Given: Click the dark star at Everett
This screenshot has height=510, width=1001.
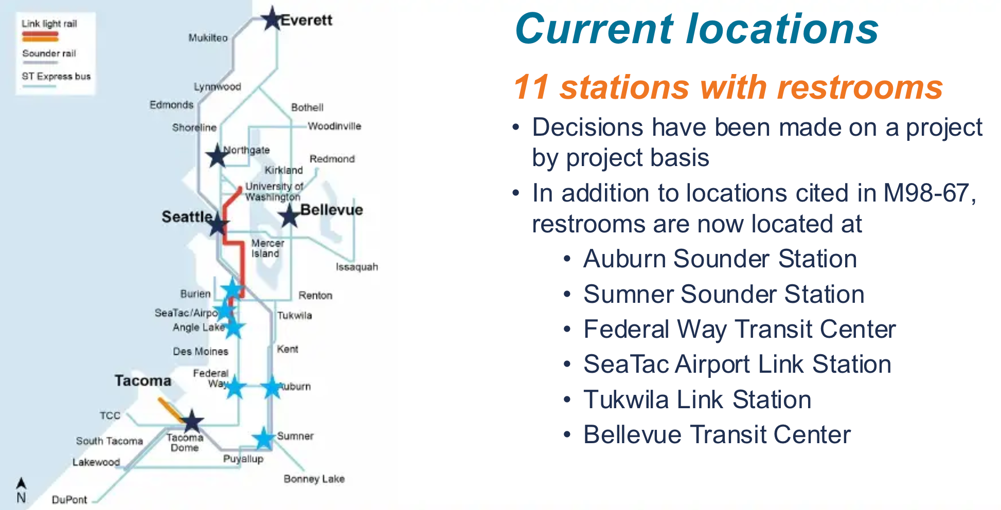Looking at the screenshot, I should [x=272, y=19].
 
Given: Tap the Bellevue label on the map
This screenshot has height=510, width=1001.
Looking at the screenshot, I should [x=331, y=210].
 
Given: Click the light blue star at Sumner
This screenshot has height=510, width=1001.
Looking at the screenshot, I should [x=263, y=439].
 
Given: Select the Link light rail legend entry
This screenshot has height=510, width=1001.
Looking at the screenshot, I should [x=49, y=24].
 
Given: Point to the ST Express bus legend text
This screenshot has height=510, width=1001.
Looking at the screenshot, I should [x=56, y=77].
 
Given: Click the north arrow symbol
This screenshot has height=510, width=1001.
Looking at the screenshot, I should [x=21, y=484].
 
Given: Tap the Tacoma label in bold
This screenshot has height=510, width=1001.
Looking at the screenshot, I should [x=143, y=380].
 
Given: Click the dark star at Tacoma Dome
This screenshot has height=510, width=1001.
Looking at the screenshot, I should [x=192, y=422].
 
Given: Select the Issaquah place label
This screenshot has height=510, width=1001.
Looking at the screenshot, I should [x=356, y=267].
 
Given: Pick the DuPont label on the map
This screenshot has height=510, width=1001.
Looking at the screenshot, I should [x=69, y=500].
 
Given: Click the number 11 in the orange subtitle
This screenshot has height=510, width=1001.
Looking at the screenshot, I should [x=531, y=87].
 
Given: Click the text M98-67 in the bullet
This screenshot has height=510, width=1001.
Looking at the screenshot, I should [x=926, y=193].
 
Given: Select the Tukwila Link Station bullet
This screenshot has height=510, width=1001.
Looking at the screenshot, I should [x=697, y=399].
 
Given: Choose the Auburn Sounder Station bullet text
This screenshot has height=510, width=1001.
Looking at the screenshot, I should [x=720, y=259].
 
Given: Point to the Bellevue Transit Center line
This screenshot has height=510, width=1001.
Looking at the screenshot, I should [x=717, y=434].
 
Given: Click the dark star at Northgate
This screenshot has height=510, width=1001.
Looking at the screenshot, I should [x=217, y=155].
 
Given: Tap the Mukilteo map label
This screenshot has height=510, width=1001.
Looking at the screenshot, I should [x=208, y=38].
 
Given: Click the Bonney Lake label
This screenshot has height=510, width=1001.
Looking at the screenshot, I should [x=314, y=479].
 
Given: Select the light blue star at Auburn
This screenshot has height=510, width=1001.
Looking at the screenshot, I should [x=271, y=387].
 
